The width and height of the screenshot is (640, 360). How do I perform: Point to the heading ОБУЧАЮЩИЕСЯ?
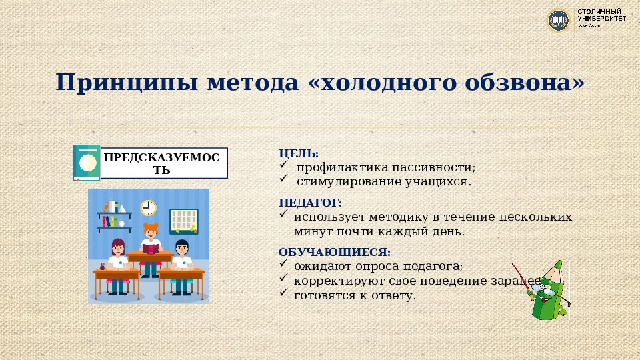[334, 252]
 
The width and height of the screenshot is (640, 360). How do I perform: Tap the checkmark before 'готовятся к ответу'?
[283, 293]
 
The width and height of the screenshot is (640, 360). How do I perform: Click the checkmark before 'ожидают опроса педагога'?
[283, 265]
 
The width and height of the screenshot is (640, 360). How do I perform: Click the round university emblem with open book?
[559, 20]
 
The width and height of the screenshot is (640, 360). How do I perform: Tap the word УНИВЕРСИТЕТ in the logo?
[601, 19]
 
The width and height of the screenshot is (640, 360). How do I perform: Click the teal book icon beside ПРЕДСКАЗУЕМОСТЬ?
[86, 163]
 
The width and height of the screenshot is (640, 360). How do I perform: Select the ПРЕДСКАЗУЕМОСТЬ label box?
[163, 163]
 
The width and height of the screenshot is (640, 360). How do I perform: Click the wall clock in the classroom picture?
[148, 207]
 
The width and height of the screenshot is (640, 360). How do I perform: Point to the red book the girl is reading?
[152, 249]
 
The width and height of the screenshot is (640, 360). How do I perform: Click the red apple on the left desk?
[102, 265]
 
